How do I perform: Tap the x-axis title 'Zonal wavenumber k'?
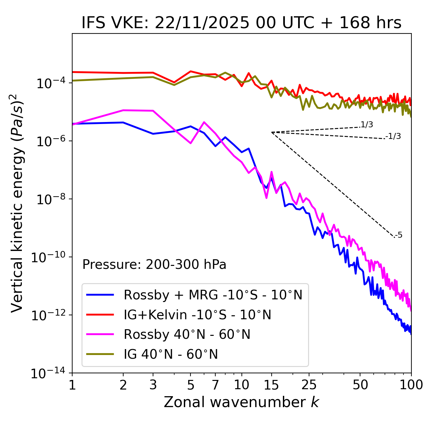[241, 402]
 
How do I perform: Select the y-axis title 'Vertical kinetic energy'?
[17, 203]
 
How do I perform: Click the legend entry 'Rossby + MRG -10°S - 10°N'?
[213, 295]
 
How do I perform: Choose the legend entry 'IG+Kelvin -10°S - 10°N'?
[197, 315]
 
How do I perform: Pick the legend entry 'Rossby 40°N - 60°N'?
[187, 335]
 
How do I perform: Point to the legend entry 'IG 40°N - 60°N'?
[171, 354]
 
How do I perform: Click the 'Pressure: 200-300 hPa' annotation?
[154, 265]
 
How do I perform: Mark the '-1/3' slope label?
[393, 136]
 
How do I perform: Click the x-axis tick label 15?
[271, 385]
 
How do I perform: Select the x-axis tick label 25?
[309, 385]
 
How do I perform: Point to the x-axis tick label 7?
[215, 385]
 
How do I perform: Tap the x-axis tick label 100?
[411, 385]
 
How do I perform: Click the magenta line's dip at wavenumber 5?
[190, 143]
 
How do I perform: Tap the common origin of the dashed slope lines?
[272, 132]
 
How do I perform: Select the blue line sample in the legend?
[100, 295]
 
